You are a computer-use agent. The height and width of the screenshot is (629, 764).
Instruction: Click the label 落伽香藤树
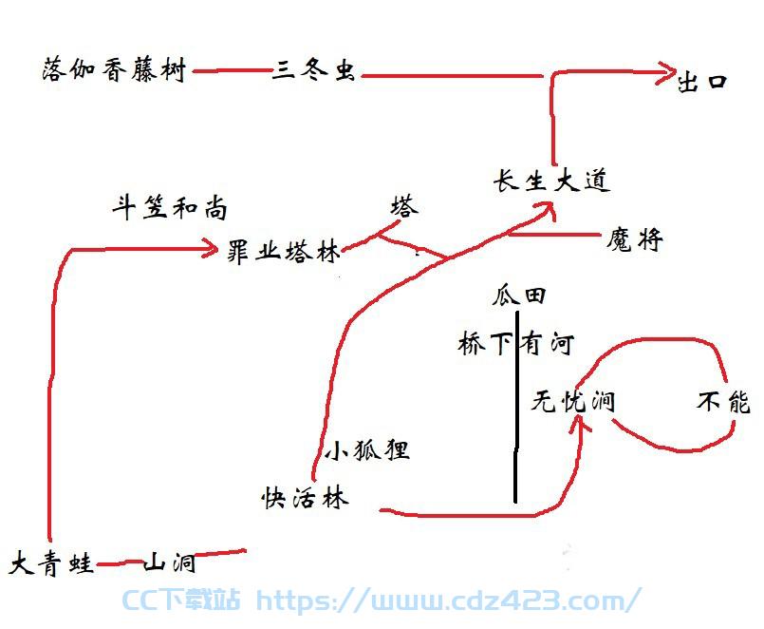(x=114, y=69)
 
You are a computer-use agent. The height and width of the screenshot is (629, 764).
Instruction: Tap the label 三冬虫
(x=313, y=69)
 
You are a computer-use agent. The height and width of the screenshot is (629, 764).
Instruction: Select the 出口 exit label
(x=702, y=83)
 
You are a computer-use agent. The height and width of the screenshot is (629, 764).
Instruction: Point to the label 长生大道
(x=551, y=181)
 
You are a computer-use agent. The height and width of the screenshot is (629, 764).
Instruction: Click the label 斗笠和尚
(x=170, y=207)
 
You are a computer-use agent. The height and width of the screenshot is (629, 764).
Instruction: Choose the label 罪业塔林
(x=284, y=252)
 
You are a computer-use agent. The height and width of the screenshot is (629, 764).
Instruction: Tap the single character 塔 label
(x=404, y=205)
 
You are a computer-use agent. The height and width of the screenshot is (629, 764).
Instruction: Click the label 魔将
(x=634, y=239)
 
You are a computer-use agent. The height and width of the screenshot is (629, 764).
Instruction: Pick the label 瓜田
(x=518, y=295)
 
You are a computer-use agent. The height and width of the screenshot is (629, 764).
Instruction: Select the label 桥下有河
(x=516, y=343)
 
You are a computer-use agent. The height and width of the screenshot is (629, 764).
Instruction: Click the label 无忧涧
(x=573, y=402)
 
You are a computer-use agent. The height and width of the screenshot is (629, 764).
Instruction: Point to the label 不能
(x=723, y=403)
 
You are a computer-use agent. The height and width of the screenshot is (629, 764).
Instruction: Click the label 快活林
(x=305, y=498)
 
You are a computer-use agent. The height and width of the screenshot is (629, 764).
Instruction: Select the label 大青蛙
(x=51, y=564)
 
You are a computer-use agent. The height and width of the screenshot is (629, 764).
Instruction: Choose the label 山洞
(x=170, y=563)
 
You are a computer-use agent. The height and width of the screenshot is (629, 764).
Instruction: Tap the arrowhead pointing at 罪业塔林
(x=211, y=249)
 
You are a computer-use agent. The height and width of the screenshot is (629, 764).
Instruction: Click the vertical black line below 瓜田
(x=516, y=408)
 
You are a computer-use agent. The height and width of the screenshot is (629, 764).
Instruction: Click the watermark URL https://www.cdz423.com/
(x=448, y=600)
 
